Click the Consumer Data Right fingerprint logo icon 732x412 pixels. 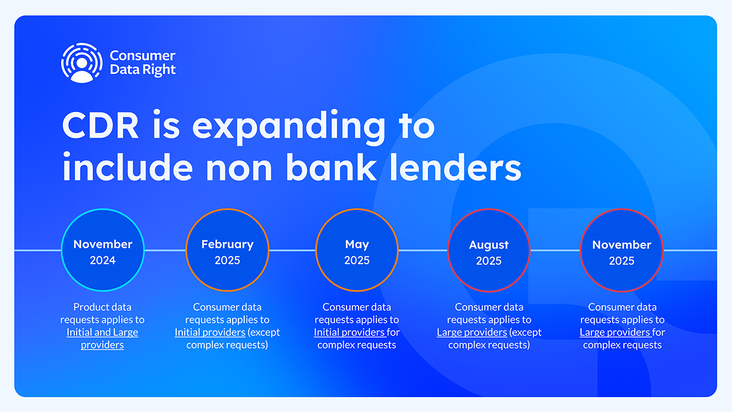82,63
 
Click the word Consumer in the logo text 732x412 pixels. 142,56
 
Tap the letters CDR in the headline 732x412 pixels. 100,126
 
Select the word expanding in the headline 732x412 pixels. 289,128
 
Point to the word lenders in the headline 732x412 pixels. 456,167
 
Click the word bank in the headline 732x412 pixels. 331,167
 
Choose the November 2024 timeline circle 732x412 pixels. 103,250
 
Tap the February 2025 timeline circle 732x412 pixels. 228,250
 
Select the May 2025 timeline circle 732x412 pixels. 357,250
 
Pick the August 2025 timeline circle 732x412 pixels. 489,251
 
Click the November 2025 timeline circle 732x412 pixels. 622,251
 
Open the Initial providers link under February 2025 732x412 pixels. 210,332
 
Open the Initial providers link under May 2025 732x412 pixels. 350,332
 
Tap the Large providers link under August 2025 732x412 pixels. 472,332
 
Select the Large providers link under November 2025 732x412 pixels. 616,332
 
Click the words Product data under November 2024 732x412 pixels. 102,307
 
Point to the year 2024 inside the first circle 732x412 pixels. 102,260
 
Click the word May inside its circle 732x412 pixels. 357,244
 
